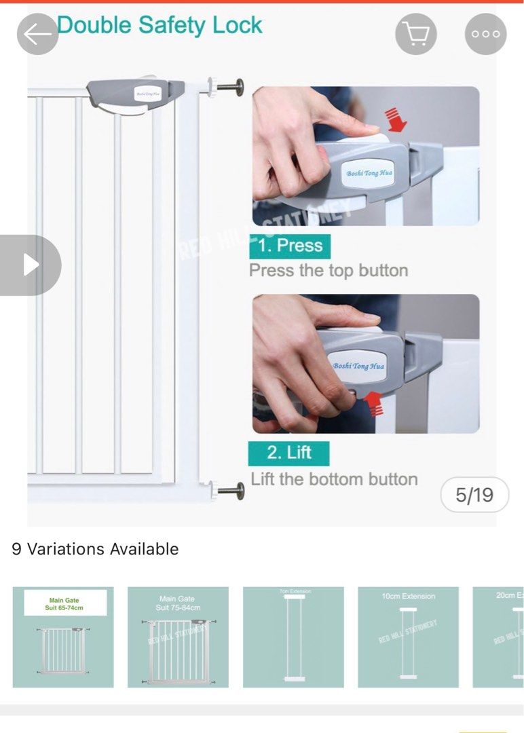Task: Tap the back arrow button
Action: point(37,34)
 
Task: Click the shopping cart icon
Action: point(415,34)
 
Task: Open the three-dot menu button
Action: point(485,34)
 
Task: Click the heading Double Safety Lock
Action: point(160,26)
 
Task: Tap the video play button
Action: point(30,265)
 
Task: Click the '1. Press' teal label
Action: point(290,246)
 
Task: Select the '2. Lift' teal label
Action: point(288,453)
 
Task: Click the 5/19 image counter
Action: point(474,495)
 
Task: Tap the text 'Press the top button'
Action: point(329,271)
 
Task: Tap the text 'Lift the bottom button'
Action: point(334,479)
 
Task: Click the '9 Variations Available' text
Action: point(95,549)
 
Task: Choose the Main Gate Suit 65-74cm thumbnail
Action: point(63,637)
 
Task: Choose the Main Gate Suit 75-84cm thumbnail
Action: point(178,637)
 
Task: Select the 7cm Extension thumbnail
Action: point(293,637)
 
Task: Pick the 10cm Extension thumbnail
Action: point(408,637)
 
